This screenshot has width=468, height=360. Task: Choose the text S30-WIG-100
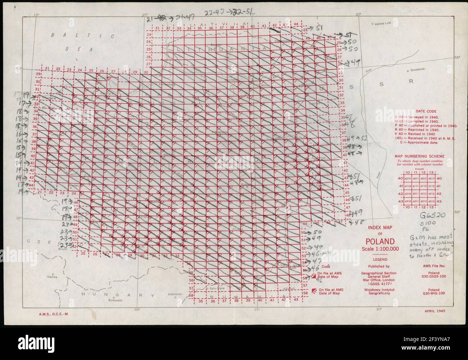click(x=433, y=293)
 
